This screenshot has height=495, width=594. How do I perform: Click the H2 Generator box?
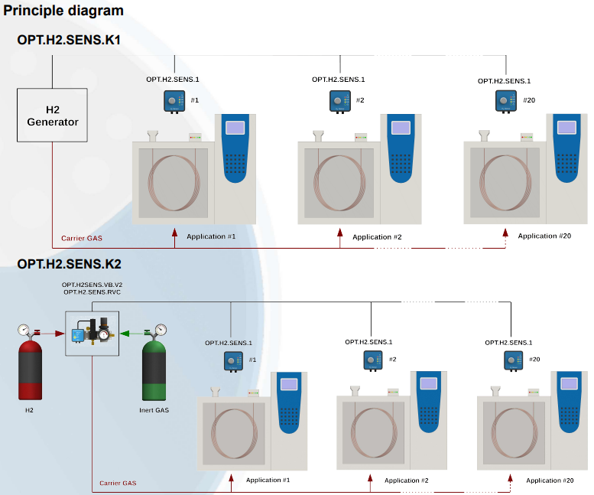pos(52,115)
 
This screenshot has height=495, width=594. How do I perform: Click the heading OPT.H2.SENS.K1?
pos(70,40)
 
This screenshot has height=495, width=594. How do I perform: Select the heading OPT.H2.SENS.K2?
pos(70,264)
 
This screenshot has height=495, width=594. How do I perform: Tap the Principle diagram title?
pos(63,11)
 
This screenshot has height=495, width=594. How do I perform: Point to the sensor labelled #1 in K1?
pos(174,101)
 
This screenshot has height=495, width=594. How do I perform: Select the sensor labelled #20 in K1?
pos(505,101)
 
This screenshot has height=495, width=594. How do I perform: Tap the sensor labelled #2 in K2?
pos(372,360)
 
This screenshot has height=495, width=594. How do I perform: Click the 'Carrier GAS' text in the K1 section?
pos(82,238)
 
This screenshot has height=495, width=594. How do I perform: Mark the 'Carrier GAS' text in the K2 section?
pos(118,483)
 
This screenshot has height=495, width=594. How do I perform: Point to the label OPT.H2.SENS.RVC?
pos(92,292)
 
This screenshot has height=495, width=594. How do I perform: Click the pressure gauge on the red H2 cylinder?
pos(23,331)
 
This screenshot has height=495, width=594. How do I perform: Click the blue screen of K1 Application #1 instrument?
pos(236,127)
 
